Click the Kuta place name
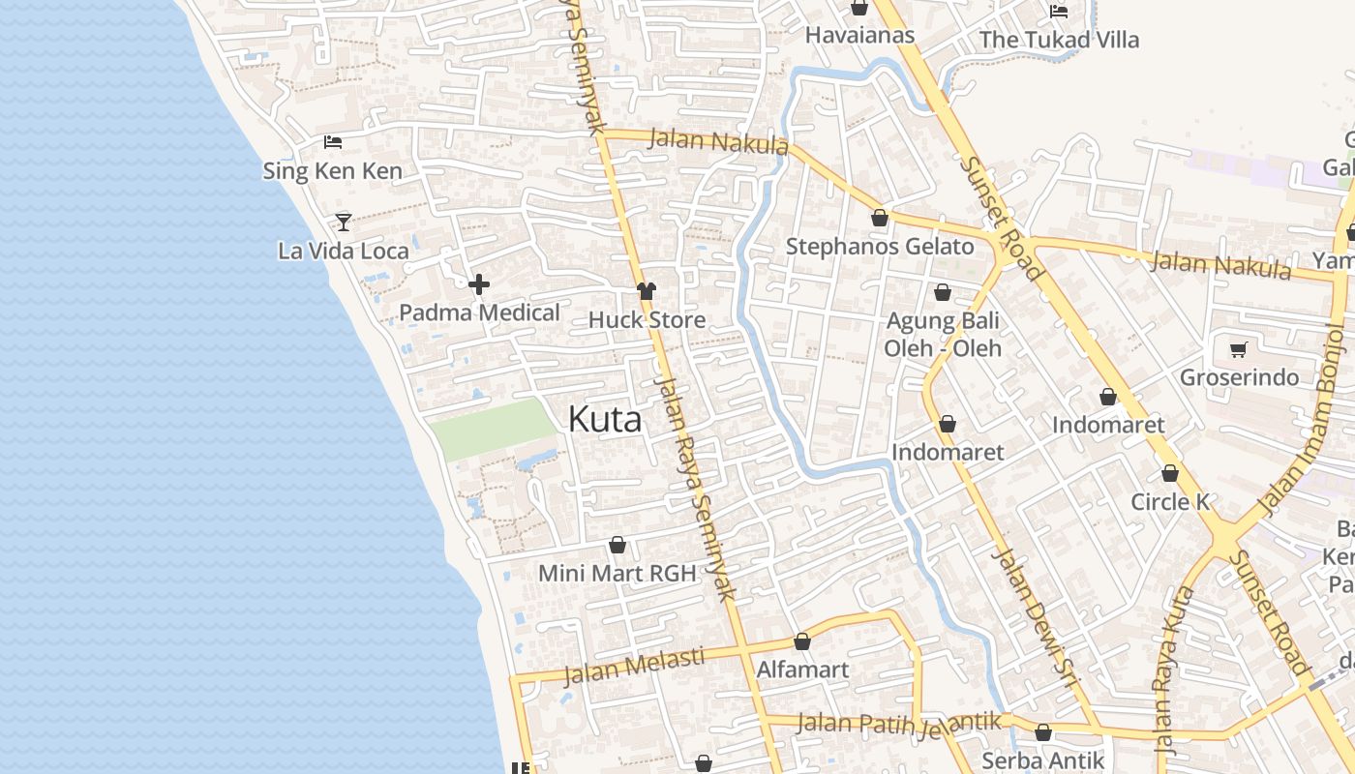pos(604,419)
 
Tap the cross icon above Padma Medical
pos(479,284)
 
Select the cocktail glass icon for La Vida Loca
pos(344,222)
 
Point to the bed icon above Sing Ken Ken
pos(333,142)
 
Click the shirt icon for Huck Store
pos(647,291)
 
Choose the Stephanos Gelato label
pos(878,246)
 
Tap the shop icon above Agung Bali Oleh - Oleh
pos(943,292)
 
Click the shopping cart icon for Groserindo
pos(1238,349)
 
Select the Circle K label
pos(1170,502)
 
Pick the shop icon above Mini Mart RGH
pos(617,546)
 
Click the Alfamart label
pos(802,670)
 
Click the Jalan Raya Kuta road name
pos(1168,668)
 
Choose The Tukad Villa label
pos(1059,40)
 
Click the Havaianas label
pos(859,35)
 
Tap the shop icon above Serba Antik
pos(1043,733)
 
